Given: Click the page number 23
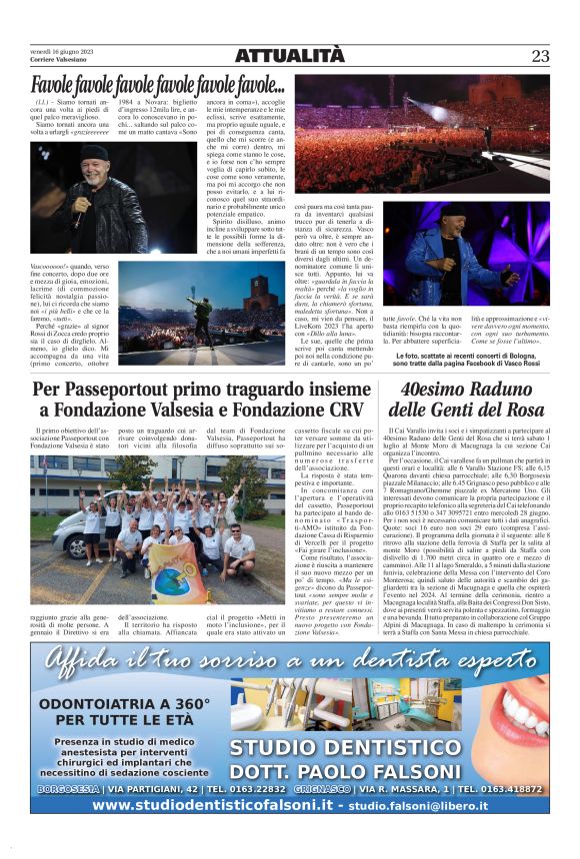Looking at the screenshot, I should point(540,56).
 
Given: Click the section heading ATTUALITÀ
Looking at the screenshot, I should point(289,56).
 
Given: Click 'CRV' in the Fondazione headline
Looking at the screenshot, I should point(340,410).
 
